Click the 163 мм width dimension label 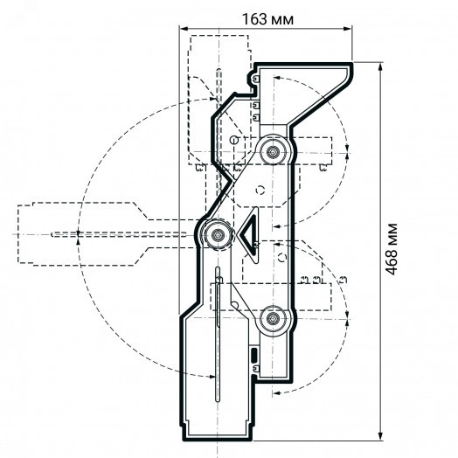267,19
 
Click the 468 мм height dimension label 392,249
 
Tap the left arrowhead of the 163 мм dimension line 184,29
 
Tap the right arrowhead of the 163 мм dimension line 348,29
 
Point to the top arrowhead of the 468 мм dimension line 380,67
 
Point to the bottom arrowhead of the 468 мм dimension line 380,436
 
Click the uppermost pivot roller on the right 273,151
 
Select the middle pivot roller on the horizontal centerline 218,234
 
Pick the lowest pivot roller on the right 273,319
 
